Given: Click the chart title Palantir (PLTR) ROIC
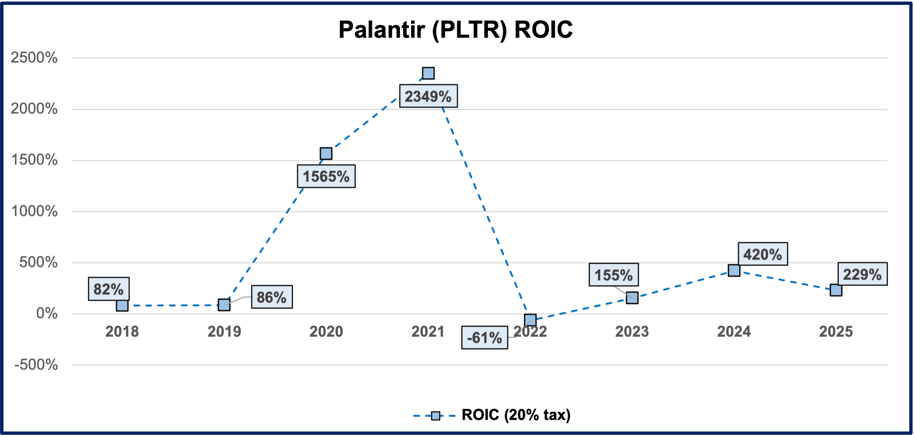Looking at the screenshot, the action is tap(455, 29).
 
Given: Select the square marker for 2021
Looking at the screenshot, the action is tap(428, 73).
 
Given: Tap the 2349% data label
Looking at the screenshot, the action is tap(428, 96).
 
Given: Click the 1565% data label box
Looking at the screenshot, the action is tap(326, 176).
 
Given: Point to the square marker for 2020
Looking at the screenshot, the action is tap(326, 153).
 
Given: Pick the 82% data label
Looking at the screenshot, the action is tap(109, 289).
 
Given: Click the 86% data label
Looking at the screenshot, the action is tap(272, 297).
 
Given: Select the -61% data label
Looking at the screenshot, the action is tap(484, 337).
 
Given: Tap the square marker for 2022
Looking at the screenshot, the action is tap(530, 320).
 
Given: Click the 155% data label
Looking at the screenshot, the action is tap(614, 275).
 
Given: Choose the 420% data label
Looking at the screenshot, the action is tap(763, 254).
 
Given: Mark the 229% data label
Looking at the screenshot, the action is tap(863, 274).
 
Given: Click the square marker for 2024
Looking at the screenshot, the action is tap(734, 270).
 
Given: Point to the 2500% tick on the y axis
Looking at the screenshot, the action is tap(34, 58).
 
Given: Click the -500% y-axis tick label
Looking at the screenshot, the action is tap(36, 365).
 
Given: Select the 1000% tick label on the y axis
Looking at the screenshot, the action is tap(34, 211).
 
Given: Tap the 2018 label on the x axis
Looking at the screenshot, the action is tap(122, 332).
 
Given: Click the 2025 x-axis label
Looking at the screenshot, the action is tap(836, 332).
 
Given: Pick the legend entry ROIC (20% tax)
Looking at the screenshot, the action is tap(492, 415).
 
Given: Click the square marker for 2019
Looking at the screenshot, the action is tap(224, 305).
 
